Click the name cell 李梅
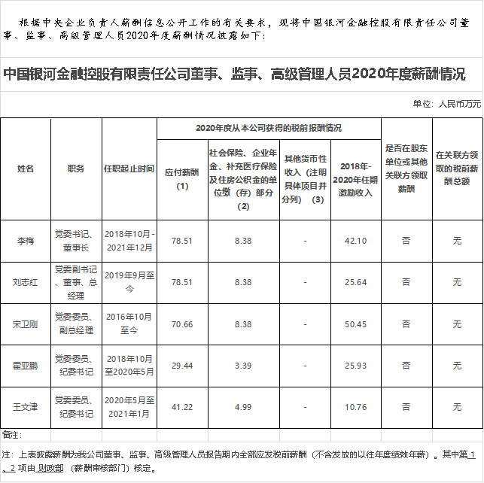[x=26, y=241]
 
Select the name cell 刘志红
[x=26, y=282]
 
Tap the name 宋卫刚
[x=26, y=324]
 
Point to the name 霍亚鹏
[x=26, y=366]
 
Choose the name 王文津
[x=26, y=407]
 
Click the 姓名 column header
[x=26, y=169]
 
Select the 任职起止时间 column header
[x=129, y=169]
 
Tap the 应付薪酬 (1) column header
[x=182, y=178]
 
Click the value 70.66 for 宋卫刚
[x=182, y=324]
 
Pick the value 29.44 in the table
[x=182, y=366]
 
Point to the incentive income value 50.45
[x=355, y=324]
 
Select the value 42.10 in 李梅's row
[x=355, y=241]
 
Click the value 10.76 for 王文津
[x=355, y=407]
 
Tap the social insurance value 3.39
[x=242, y=366]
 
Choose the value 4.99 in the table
[x=242, y=407]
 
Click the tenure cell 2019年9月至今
[x=129, y=282]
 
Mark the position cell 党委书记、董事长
[x=75, y=241]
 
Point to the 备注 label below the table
[x=12, y=435]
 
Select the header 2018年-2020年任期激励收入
[x=355, y=178]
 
